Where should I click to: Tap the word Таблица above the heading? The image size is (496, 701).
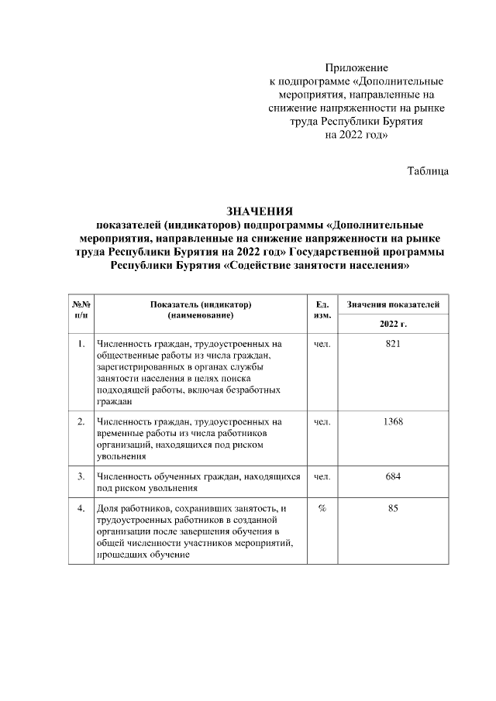tap(428, 170)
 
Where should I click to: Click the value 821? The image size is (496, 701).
tap(393, 342)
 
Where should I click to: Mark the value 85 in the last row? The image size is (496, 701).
tap(393, 508)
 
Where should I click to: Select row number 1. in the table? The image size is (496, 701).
tap(81, 342)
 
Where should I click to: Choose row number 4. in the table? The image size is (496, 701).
tap(81, 508)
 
